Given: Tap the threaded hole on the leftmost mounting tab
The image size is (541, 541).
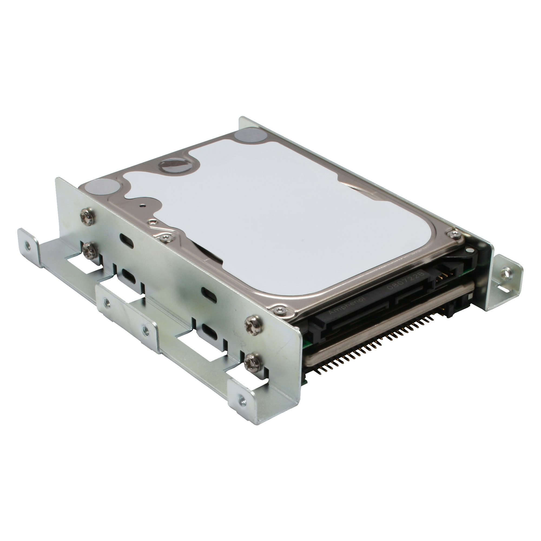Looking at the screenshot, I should coord(27,244).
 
